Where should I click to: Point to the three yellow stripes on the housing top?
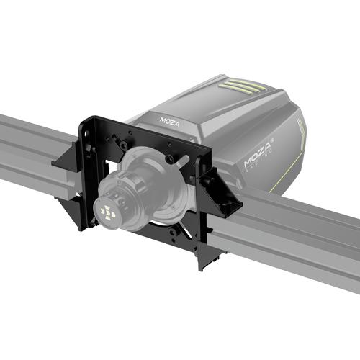242,86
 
